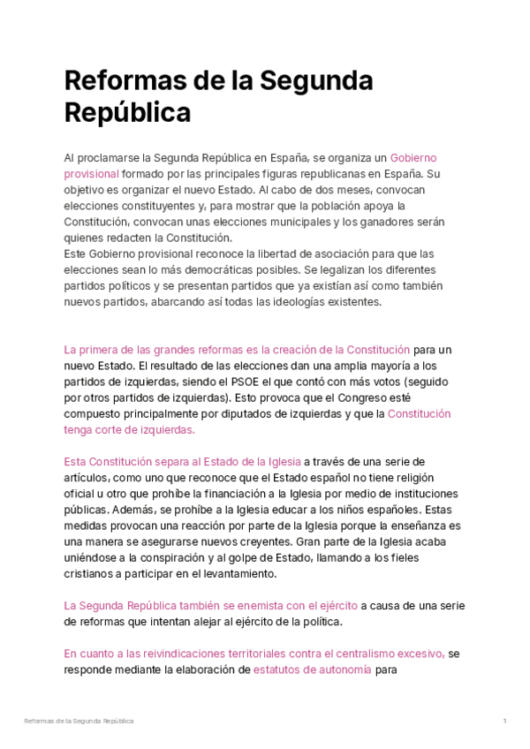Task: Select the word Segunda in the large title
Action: pos(314,81)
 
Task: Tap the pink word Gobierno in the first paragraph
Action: pos(413,158)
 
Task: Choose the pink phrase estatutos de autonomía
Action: pos(312,670)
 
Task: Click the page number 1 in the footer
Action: pos(504,722)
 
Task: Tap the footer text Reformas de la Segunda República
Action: pos(79,722)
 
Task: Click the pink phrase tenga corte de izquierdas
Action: pos(129,429)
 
